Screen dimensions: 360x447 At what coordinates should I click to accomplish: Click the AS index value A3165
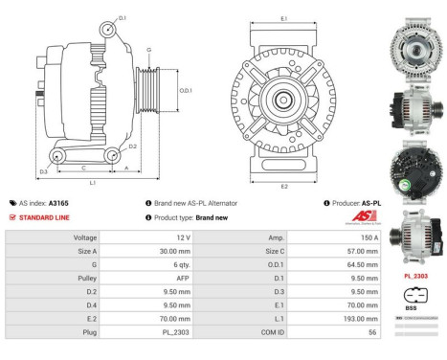point(58,203)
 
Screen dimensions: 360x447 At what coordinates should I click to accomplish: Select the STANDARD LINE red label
point(44,217)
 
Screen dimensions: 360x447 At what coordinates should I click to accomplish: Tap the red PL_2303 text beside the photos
point(414,276)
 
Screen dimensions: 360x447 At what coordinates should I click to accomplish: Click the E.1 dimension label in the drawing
point(284,19)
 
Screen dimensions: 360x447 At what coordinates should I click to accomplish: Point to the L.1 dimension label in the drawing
point(90,181)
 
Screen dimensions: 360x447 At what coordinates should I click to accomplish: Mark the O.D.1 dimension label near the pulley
point(186,91)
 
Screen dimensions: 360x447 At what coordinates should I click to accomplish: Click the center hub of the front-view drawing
point(284,99)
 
